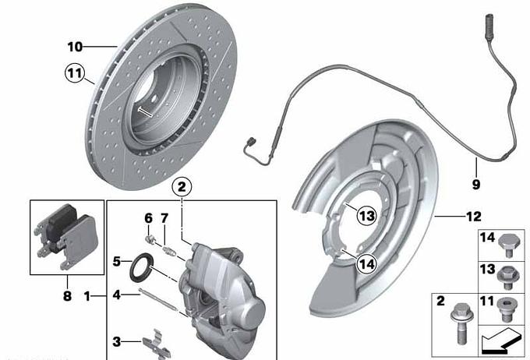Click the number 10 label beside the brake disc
pos(75,47)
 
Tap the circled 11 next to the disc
pos(74,73)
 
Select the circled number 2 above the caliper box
pos(182,186)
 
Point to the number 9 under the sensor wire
pos(476,185)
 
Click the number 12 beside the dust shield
pos(474,217)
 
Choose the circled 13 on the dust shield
pos(367,215)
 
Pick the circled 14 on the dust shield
pos(367,263)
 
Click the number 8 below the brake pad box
pos(67,296)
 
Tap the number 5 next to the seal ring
pos(117,261)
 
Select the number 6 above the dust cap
pos(148,218)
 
